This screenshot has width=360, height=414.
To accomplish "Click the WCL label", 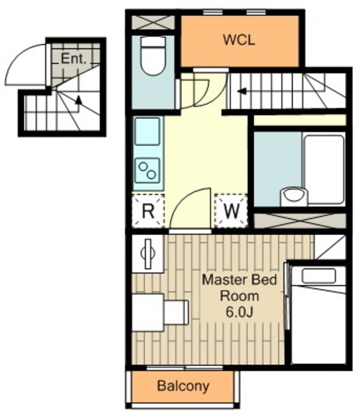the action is point(239,40).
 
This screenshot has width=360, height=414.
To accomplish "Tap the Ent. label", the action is point(74,58).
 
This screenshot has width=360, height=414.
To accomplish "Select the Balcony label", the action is point(183,386).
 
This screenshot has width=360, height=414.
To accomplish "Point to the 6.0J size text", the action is point(240,312).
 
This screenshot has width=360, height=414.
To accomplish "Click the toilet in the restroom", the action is point(153,56).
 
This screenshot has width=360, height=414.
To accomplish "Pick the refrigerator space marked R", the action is point(148,211).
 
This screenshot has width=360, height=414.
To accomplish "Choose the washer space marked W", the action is point(231,211).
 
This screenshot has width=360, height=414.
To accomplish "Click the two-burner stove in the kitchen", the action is point(147,171).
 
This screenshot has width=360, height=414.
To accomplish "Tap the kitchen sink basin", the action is point(147,131).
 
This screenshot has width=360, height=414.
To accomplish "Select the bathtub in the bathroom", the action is point(324,169).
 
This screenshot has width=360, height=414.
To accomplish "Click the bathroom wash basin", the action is point(293,196).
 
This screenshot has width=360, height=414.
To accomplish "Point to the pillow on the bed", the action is point(319,276).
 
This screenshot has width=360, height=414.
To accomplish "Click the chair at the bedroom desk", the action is point(176,312).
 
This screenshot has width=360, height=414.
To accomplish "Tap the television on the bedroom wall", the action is point(148,254).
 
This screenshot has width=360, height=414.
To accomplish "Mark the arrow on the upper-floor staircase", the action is point(242,92).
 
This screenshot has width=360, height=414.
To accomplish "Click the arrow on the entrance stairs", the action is point(78,100).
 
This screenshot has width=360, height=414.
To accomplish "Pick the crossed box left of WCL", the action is point(153,22).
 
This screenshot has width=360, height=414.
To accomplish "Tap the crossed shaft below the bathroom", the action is point(300,221).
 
